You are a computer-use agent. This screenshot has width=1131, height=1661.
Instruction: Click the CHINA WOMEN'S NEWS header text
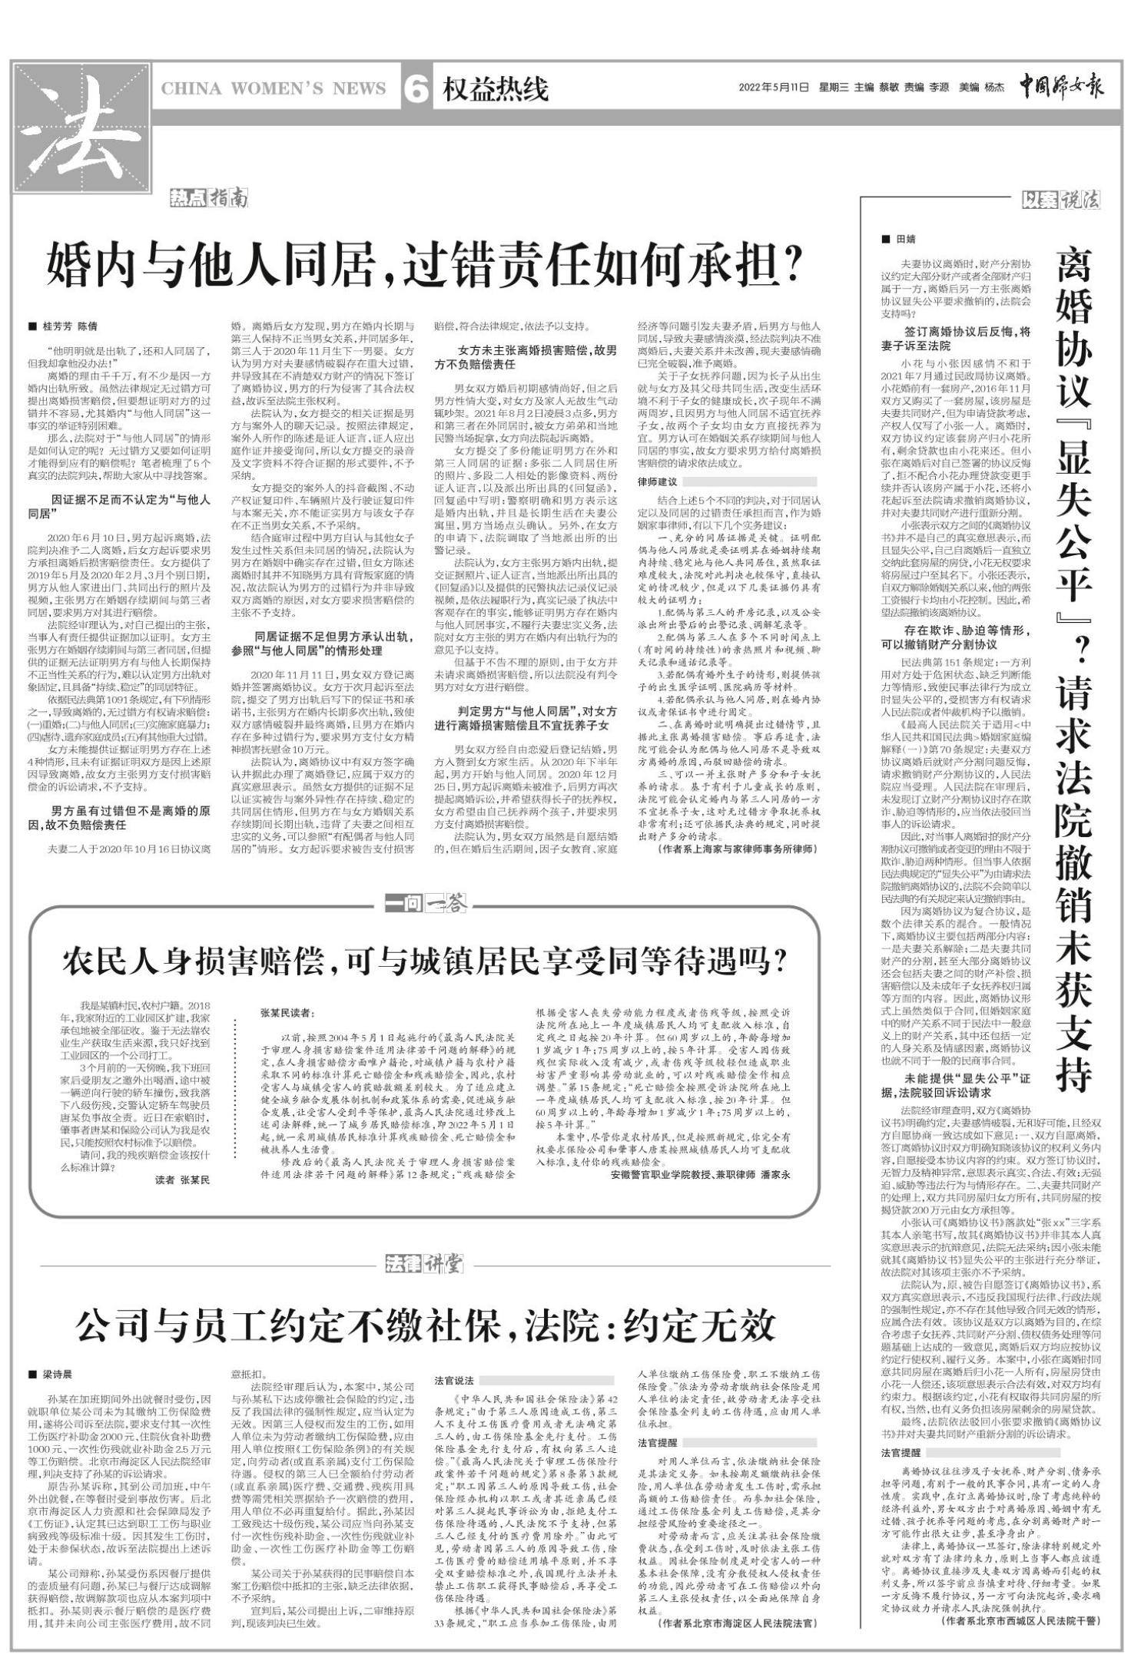point(273,89)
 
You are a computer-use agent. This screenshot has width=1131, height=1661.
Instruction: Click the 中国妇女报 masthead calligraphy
point(1061,86)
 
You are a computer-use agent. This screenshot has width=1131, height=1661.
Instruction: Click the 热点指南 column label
point(210,200)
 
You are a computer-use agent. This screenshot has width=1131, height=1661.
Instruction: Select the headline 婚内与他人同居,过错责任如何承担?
point(425,265)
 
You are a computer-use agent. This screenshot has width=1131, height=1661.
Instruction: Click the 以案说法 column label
point(1061,200)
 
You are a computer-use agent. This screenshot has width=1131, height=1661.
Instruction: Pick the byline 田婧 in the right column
point(906,239)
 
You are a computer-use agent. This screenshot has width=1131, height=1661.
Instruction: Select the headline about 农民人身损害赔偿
point(425,960)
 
